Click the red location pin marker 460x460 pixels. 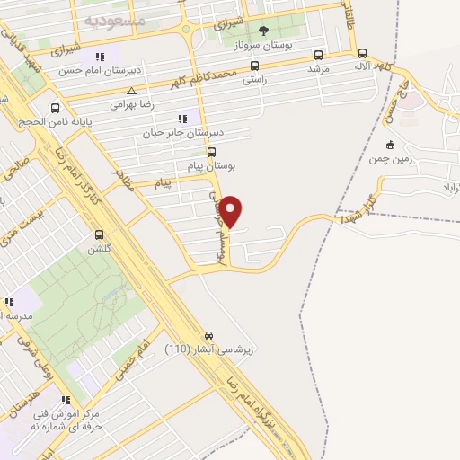(232, 212)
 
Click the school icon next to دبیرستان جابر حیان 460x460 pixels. (183, 118)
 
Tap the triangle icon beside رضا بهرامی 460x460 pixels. (132, 91)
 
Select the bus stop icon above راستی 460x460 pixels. (254, 66)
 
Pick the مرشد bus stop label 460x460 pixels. (319, 68)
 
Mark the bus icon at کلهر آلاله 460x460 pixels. (361, 53)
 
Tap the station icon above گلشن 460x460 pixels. (100, 235)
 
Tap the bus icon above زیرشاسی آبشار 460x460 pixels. (208, 332)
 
